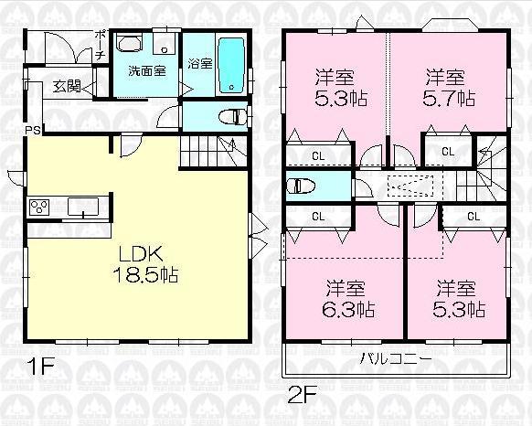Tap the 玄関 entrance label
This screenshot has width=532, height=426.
[x=66, y=87]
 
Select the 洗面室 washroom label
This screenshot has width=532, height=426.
[x=146, y=70]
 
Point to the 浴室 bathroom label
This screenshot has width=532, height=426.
[x=199, y=63]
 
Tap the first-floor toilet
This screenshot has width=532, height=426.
[x=234, y=117]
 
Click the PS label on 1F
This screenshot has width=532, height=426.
[x=32, y=129]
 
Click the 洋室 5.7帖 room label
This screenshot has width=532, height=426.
[x=448, y=87]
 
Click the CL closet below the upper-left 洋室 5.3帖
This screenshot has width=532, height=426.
[x=316, y=154]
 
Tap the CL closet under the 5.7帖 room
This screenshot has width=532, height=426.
[x=448, y=151]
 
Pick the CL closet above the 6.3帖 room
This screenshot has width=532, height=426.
[x=318, y=217]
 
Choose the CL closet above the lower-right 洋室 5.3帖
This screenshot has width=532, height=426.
[x=473, y=217]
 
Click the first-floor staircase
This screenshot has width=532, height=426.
[x=212, y=150]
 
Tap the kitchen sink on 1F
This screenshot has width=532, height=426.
[x=84, y=207]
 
